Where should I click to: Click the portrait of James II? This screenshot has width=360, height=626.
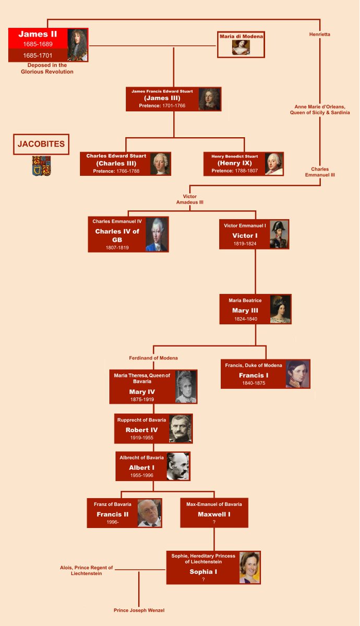point(77,45)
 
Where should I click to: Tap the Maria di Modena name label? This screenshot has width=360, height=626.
point(241,37)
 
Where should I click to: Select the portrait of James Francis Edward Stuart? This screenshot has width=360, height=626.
point(209,99)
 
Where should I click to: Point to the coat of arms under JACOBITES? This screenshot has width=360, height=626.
point(42,165)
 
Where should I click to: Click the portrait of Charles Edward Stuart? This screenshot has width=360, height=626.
point(160,164)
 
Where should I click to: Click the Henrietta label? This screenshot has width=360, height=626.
point(319,34)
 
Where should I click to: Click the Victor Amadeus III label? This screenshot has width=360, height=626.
point(189,199)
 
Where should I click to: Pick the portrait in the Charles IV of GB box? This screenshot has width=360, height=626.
point(157,234)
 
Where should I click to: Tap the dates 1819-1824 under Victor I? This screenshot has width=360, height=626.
point(245,244)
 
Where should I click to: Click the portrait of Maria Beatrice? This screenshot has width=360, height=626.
point(280,309)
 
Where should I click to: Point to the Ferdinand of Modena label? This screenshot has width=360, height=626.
point(153,358)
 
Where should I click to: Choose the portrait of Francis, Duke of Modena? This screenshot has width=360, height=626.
point(297,374)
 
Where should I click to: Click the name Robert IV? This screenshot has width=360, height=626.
point(141,430)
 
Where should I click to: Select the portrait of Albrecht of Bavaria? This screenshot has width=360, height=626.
point(177,466)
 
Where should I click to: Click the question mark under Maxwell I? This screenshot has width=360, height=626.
point(214,522)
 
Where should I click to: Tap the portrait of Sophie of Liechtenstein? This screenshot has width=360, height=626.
point(249,568)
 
